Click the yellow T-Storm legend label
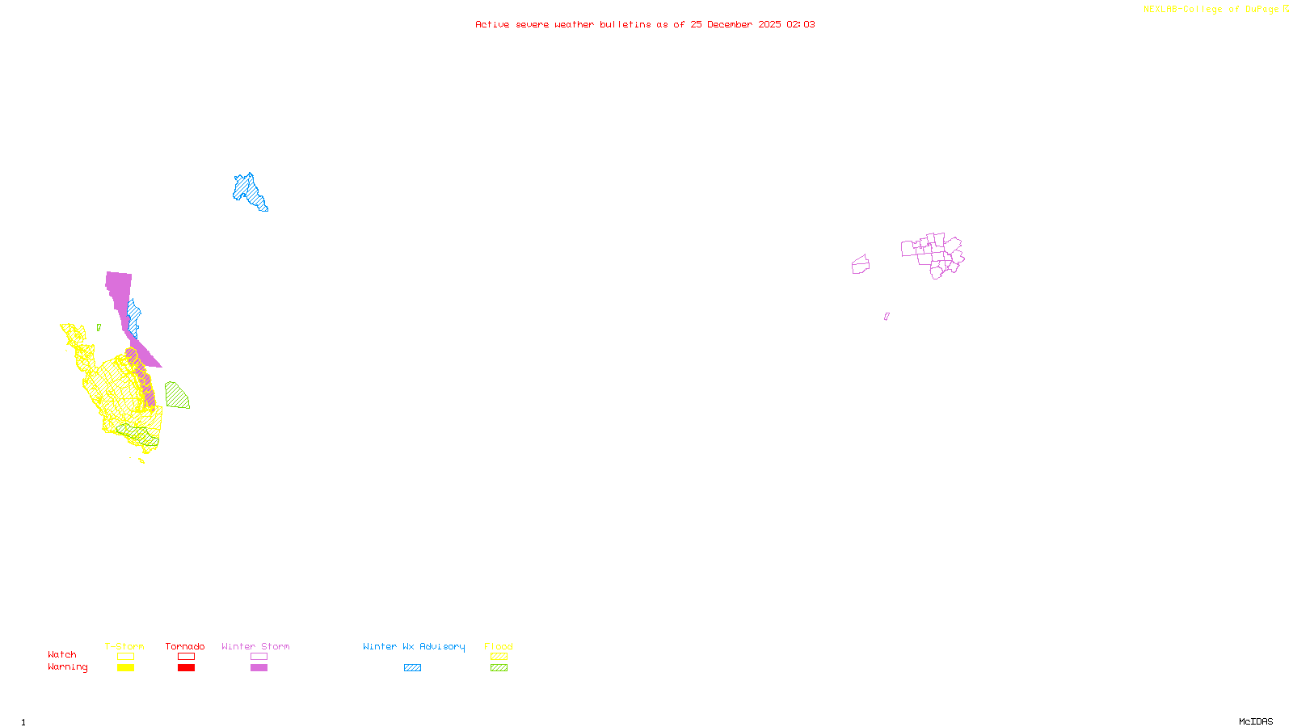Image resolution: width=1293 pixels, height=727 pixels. point(124,646)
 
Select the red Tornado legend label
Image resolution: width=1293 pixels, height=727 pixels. point(185,646)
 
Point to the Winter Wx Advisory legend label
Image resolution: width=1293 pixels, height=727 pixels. point(414,646)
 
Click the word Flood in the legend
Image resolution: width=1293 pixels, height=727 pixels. point(499,646)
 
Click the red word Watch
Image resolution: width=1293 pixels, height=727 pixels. point(62,654)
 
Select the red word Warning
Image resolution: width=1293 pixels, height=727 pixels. point(68,667)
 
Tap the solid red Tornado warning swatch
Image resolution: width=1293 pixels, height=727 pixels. point(186,668)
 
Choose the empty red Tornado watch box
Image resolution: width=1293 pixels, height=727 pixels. point(186,657)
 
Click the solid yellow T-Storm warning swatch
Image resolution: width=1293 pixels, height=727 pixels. point(125,668)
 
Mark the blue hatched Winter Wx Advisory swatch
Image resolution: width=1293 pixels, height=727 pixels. point(412,668)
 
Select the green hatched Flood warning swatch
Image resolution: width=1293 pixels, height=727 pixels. point(499,668)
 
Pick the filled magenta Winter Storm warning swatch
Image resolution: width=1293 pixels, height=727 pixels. point(259,668)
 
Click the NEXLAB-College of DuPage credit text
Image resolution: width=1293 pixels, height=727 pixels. point(1212,10)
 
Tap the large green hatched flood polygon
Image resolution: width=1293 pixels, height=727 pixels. point(176,396)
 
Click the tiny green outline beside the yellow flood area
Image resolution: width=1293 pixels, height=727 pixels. point(99,328)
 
